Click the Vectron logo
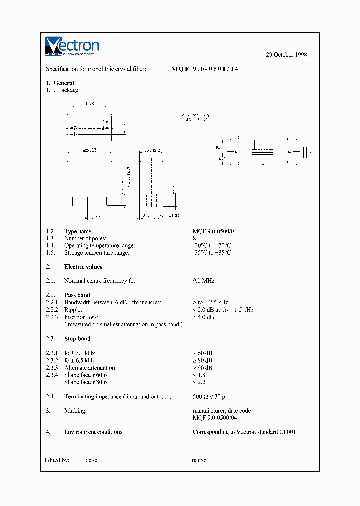pos(72,46)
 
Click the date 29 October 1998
pos(286,55)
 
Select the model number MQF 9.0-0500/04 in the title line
pos(205,69)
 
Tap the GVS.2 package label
pos(195,118)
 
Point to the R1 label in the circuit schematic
pos(218,148)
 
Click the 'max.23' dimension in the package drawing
pos(89,150)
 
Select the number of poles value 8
pos(194,238)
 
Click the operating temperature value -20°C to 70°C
pos(212,245)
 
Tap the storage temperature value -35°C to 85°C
pos(212,252)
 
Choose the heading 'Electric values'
pos(83,267)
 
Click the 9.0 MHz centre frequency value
pos(203,281)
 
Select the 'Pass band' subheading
pos(77,295)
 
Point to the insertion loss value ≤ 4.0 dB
pos(203,317)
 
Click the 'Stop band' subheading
pos(77,339)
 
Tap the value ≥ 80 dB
pos(203,360)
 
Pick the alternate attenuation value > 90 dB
pos(203,368)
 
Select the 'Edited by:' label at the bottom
pos(57,460)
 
